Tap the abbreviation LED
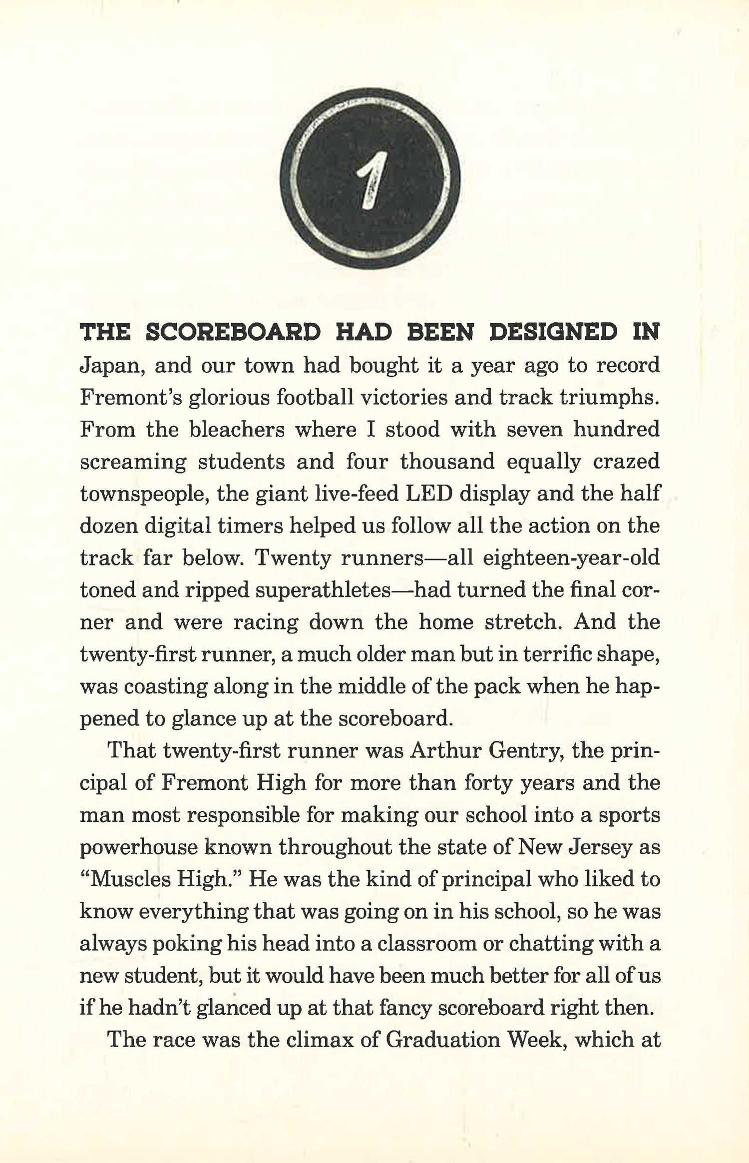coord(428,494)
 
